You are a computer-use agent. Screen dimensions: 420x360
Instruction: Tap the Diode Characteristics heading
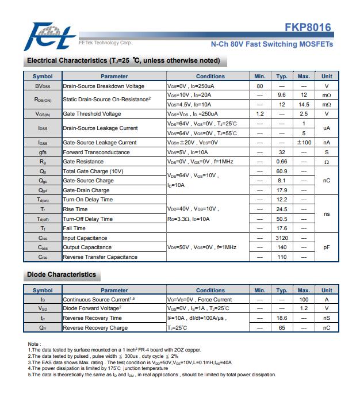[62, 274]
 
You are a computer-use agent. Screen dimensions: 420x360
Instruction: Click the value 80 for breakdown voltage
[260, 86]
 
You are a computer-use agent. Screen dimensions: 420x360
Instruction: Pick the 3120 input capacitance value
[282, 238]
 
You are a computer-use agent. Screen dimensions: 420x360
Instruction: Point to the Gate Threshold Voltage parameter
[91, 114]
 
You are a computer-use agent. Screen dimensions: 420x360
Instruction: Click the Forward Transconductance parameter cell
[96, 152]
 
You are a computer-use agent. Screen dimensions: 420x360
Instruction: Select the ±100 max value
[304, 143]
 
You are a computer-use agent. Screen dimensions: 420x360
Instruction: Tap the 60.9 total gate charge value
[282, 171]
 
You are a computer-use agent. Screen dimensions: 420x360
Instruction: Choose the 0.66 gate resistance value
[282, 162]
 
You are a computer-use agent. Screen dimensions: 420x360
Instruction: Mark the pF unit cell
[327, 247]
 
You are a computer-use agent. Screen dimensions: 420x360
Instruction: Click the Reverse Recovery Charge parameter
[95, 327]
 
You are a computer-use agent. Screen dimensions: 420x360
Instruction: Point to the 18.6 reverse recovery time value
[282, 318]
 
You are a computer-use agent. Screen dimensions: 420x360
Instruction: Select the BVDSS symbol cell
[43, 86]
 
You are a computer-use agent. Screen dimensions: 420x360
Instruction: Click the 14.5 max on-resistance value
[304, 105]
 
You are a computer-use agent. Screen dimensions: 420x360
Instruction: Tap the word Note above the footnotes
[33, 343]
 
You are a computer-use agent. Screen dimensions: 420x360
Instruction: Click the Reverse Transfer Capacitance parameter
[100, 257]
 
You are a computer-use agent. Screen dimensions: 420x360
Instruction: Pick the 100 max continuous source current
[304, 299]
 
